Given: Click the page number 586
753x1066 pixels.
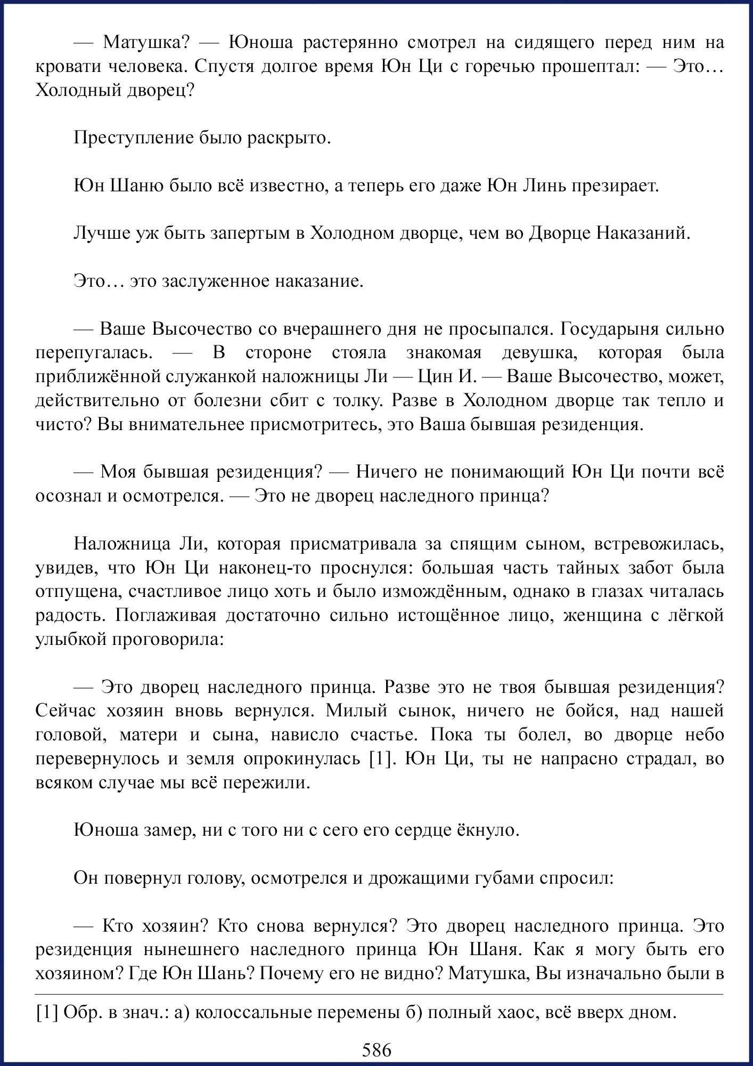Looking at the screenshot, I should (x=376, y=1049).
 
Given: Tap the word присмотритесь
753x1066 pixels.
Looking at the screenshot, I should (x=307, y=424).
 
